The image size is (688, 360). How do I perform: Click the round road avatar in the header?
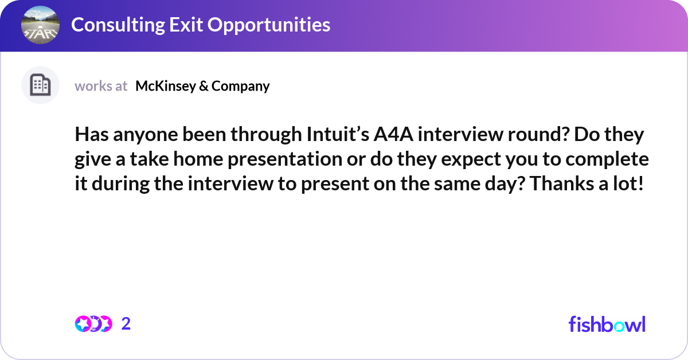click(40, 25)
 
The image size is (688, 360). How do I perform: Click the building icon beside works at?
click(40, 85)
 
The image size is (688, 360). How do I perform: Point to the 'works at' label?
click(101, 86)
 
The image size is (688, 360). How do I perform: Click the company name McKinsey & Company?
click(202, 86)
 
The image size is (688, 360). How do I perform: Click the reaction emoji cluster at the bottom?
click(93, 324)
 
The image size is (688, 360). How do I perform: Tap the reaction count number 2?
click(126, 324)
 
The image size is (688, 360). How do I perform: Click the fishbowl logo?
click(607, 324)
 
